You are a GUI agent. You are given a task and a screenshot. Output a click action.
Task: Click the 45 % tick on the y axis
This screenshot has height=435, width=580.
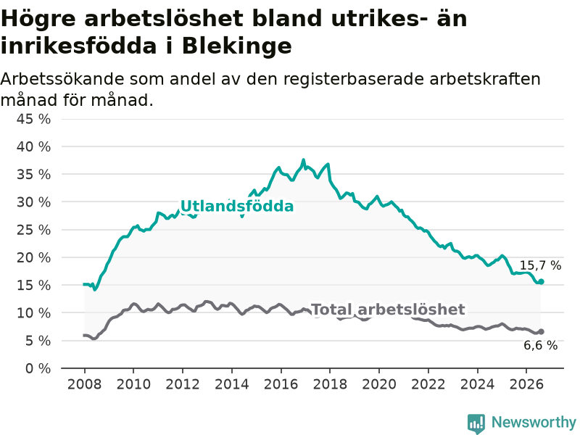click(33, 119)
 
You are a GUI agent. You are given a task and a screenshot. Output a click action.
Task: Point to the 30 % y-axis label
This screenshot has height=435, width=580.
click(33, 202)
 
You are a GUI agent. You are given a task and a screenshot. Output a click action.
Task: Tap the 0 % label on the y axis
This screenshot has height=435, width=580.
click(38, 368)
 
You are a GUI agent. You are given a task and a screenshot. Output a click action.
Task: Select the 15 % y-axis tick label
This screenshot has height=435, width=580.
click(33, 285)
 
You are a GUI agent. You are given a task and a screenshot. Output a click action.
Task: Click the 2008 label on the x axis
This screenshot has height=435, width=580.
click(84, 384)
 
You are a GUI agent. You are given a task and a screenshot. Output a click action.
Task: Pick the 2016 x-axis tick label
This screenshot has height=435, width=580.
click(281, 384)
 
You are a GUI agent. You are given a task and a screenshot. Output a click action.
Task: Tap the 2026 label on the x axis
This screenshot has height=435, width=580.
click(526, 384)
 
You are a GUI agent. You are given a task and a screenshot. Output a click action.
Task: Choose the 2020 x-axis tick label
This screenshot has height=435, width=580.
click(379, 384)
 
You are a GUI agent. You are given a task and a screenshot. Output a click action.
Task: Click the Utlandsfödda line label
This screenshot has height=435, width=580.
click(237, 206)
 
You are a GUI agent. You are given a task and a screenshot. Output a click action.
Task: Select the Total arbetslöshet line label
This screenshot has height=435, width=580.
click(389, 310)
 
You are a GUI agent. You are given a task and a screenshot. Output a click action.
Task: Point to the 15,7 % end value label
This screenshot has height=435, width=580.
click(540, 265)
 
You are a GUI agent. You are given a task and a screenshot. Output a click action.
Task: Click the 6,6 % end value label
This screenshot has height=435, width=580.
click(540, 345)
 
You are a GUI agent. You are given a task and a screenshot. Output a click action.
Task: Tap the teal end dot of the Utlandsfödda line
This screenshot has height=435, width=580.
click(541, 282)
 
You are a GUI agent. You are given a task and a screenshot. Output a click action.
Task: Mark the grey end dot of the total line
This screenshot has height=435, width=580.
click(541, 332)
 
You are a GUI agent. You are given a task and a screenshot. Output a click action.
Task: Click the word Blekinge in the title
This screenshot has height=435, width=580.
click(237, 46)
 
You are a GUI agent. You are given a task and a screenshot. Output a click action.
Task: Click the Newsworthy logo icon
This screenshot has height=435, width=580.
click(476, 423)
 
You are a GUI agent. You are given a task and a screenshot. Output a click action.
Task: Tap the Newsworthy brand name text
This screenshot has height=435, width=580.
click(534, 422)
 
